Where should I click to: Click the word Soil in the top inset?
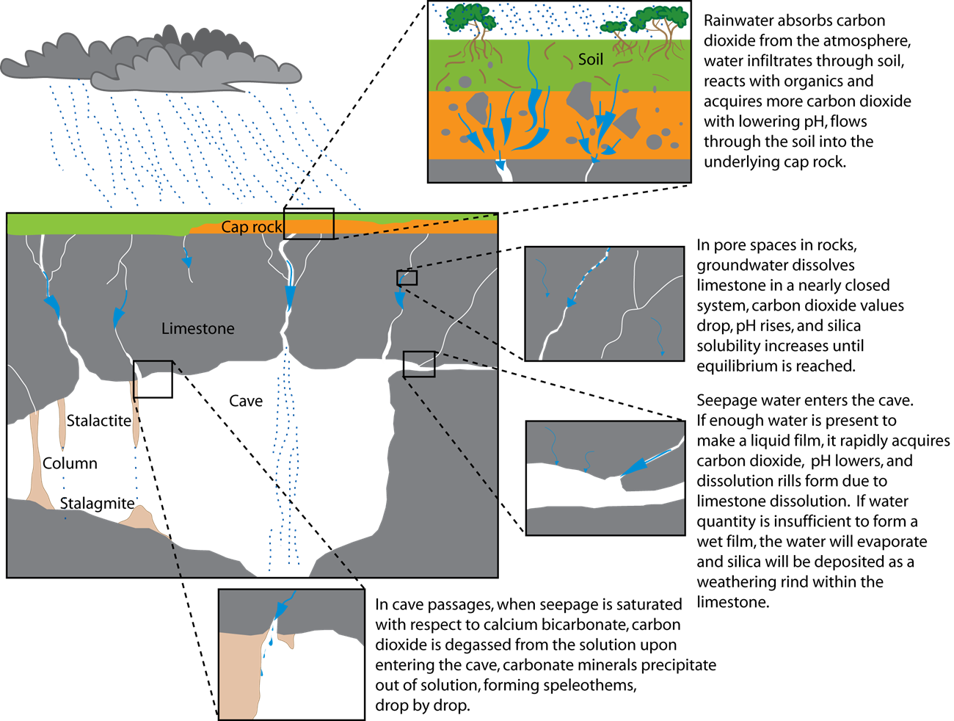pos(590,59)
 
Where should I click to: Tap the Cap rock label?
pos(251,227)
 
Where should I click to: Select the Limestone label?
pos(198,328)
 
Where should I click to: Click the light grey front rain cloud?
pos(205,73)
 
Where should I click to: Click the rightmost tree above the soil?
pos(660,22)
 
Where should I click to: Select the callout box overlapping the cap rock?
pos(309,226)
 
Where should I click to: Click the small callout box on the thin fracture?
pos(407,278)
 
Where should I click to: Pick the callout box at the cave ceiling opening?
pos(419,364)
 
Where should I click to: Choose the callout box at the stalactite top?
pos(153,370)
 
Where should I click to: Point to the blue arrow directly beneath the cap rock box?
pos(290,294)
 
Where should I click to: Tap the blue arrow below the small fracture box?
pos(399,298)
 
